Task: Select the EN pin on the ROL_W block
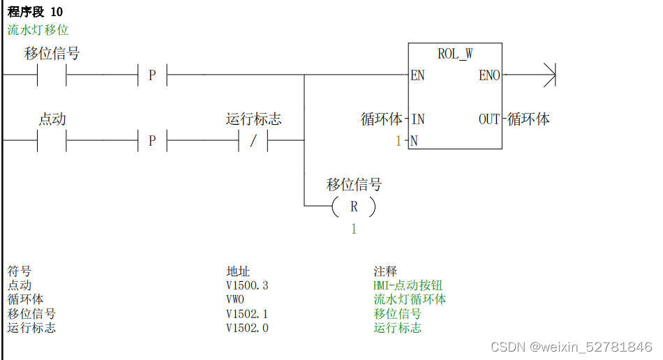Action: pos(417,75)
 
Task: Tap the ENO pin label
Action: pos(489,75)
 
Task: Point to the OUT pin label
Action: pos(489,119)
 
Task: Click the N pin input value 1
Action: pos(398,141)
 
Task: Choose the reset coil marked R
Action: pos(354,207)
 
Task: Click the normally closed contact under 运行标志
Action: pos(253,141)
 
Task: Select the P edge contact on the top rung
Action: pos(152,75)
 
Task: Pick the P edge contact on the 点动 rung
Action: pos(152,141)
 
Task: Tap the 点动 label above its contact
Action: pos(52,119)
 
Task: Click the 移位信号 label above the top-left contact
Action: pos(52,54)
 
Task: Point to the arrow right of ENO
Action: pos(549,75)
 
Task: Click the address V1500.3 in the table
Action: pos(247,285)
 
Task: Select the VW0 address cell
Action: pos(235,299)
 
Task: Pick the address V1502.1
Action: pos(247,314)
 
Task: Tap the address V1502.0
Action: pos(247,328)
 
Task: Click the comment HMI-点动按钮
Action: pos(408,285)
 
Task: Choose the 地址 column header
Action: pos(238,271)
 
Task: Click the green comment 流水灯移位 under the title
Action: pos(38,30)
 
